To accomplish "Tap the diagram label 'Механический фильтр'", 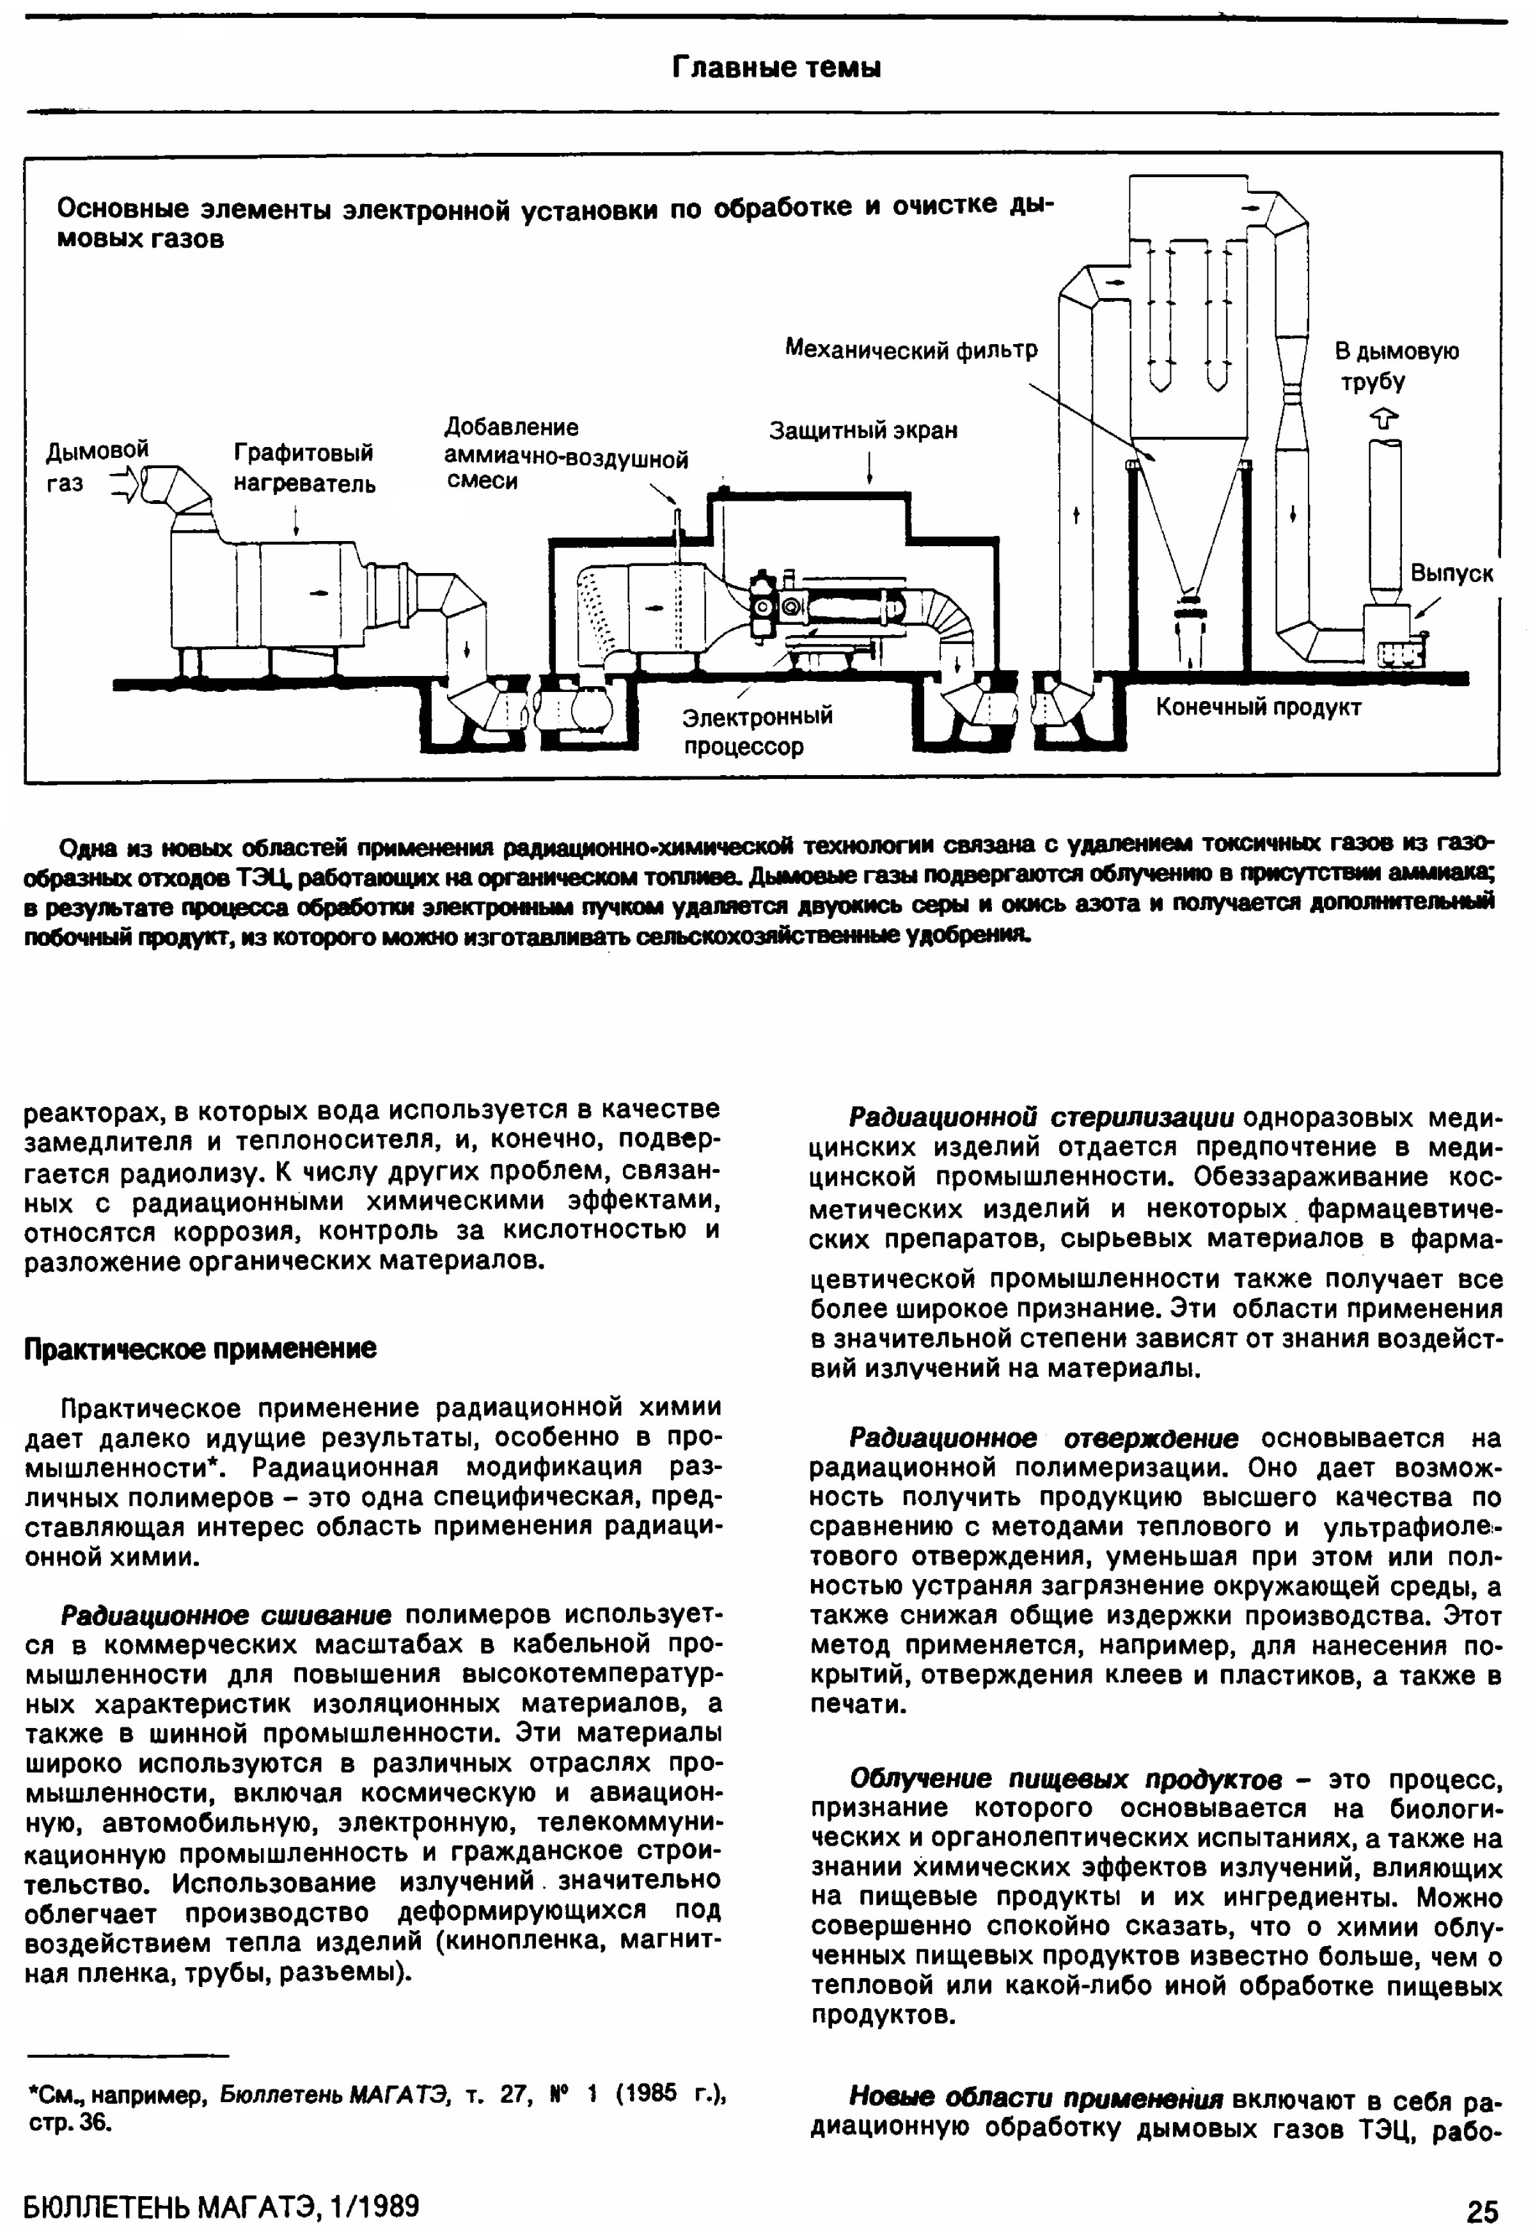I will coord(911,350).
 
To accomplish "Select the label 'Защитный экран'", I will coord(863,431).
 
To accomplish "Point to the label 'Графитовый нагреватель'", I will coord(304,467).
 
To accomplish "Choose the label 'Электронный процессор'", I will coord(757,731).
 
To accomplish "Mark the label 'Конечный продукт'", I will coord(1258,708).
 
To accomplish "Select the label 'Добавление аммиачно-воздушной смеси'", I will coord(565,454).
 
